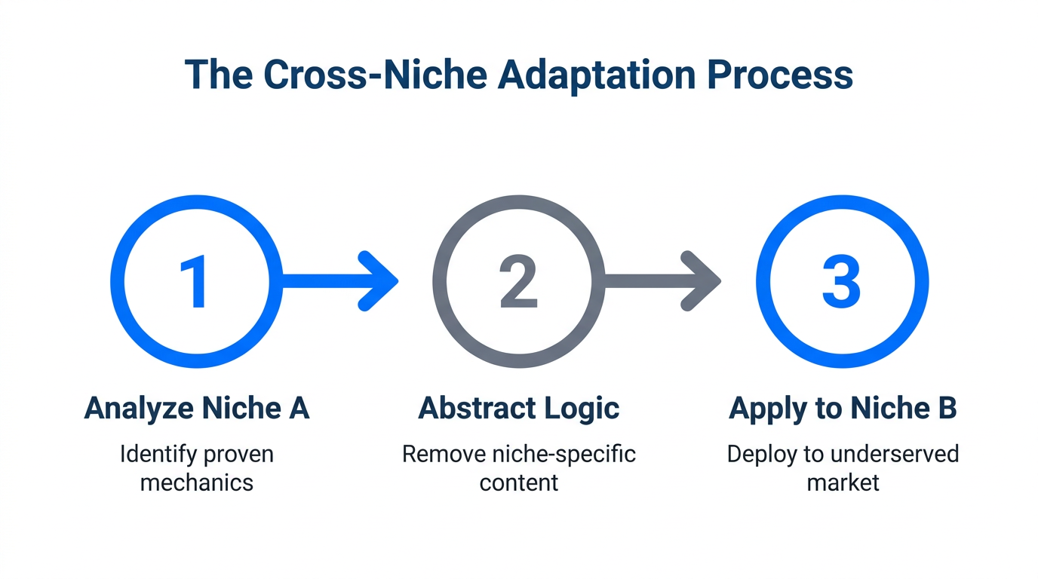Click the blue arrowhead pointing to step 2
click(379, 281)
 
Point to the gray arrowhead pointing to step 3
click(702, 281)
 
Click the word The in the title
click(219, 75)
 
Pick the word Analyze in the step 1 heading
click(137, 408)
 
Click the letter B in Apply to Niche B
click(947, 408)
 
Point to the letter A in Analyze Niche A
click(299, 408)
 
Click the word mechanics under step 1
click(196, 482)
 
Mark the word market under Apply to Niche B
click(843, 482)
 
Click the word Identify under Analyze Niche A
click(154, 455)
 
